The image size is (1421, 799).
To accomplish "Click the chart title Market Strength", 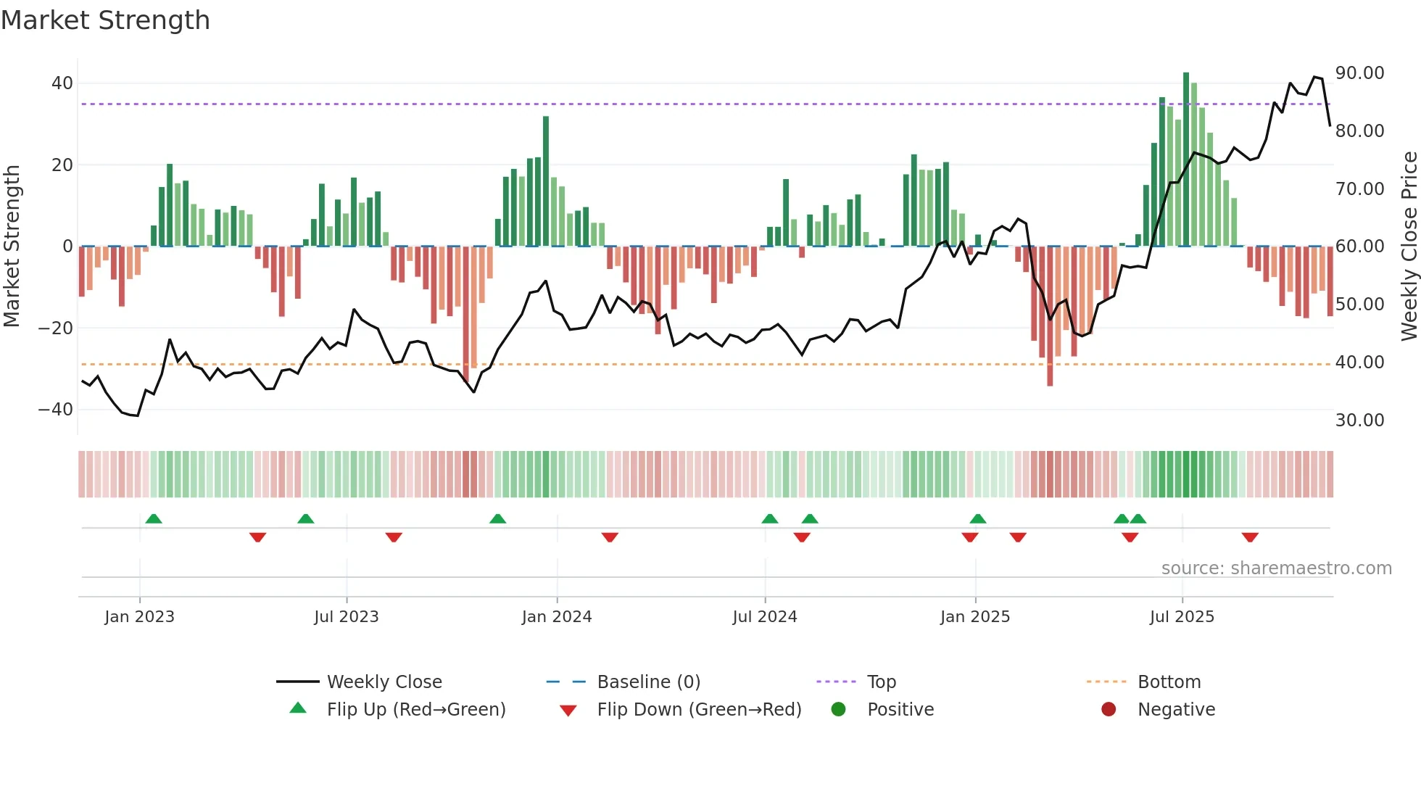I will (x=105, y=20).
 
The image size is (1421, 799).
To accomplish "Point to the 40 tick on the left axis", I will (x=62, y=83).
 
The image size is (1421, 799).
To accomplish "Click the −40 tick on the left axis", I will (x=56, y=410).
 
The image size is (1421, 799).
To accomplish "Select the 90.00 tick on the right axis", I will (x=1359, y=73).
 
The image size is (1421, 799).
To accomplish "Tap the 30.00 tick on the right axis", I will (x=1359, y=421).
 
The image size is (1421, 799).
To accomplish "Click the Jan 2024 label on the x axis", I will (x=556, y=617).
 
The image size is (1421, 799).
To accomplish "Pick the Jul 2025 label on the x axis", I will (x=1181, y=617).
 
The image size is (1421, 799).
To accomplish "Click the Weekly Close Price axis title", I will (x=1409, y=247).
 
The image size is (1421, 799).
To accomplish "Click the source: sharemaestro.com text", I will (x=1276, y=568).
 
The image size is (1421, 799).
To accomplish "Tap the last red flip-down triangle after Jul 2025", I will (x=1249, y=537).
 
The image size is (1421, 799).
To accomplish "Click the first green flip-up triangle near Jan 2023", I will (x=154, y=518).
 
